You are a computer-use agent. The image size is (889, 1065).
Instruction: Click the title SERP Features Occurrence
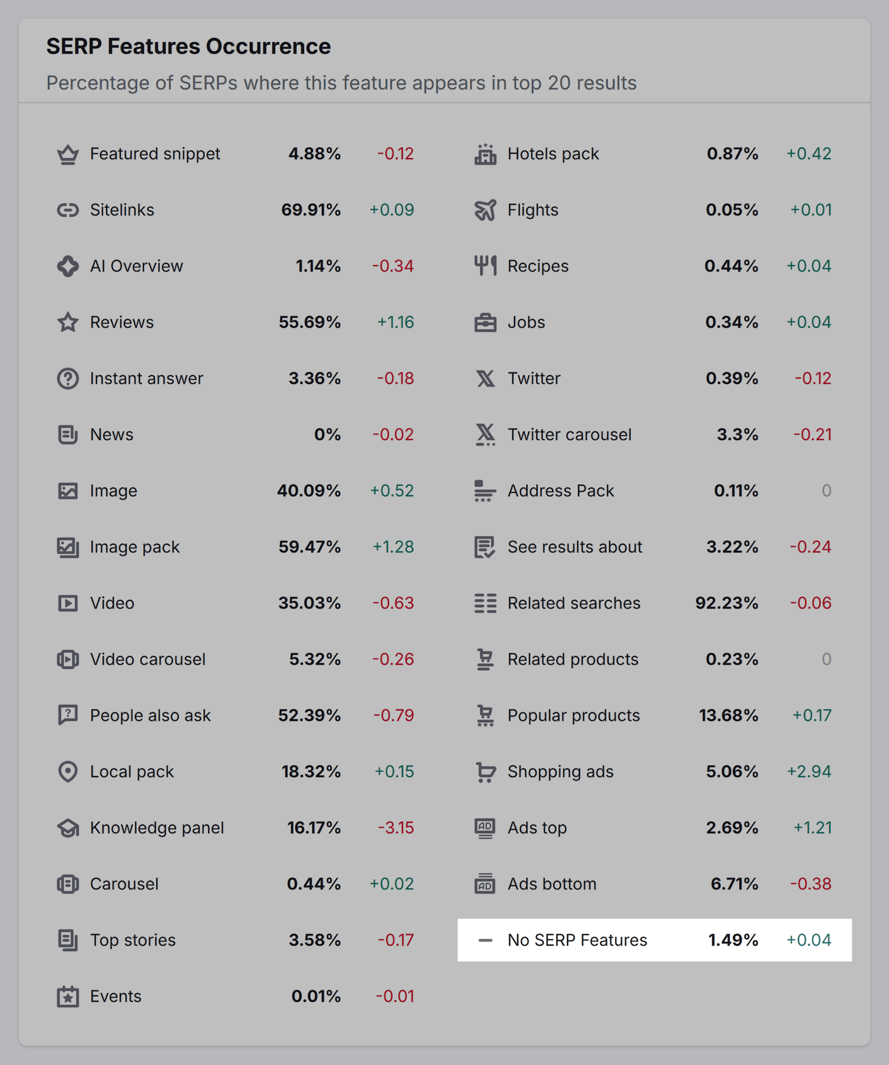[x=188, y=47]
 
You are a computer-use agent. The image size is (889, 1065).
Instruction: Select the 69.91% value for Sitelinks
[x=311, y=210]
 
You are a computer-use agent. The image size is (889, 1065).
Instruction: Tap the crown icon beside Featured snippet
[x=68, y=154]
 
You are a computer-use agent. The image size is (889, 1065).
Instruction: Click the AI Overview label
[x=136, y=266]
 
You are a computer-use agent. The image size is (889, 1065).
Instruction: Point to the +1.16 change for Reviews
[x=396, y=322]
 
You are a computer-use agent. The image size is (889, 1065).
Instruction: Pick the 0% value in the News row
[x=327, y=435]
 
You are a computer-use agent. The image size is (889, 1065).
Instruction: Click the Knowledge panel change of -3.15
[x=396, y=828]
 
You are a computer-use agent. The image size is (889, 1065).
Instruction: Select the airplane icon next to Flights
[x=485, y=210]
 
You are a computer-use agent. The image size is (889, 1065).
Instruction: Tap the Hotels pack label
[x=553, y=154]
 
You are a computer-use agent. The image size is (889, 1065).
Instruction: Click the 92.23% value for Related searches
[x=726, y=603]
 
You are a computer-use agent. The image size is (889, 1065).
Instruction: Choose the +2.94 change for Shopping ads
[x=809, y=772]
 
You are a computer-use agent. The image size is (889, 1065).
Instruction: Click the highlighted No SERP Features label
[x=577, y=940]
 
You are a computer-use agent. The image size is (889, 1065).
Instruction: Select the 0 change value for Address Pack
[x=826, y=491]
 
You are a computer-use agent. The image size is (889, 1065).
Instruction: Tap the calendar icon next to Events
[x=68, y=996]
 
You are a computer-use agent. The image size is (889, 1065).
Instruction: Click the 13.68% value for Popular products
[x=728, y=715]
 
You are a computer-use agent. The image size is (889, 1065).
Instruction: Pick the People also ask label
[x=150, y=715]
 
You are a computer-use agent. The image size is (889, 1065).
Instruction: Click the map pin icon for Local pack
[x=68, y=772]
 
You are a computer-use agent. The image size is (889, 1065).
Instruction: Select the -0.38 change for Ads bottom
[x=811, y=884]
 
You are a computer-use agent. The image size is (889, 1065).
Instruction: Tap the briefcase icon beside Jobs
[x=485, y=322]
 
